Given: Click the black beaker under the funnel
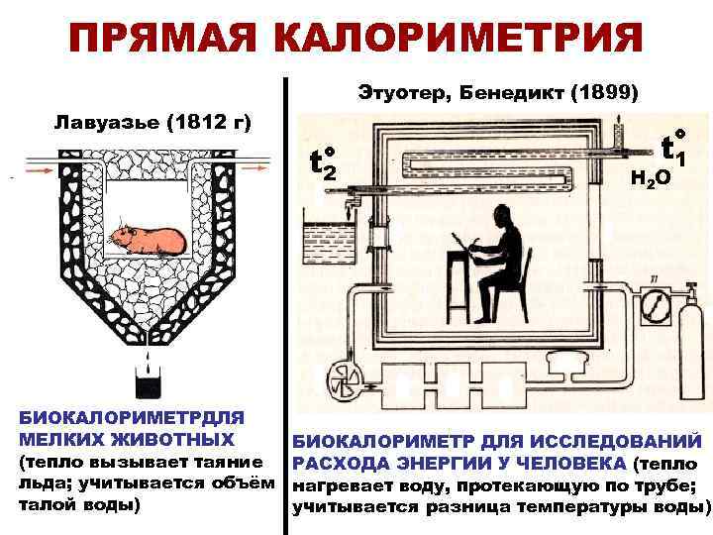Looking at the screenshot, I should [146, 381].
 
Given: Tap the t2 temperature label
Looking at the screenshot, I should [324, 164].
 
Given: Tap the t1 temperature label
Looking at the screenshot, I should [673, 148].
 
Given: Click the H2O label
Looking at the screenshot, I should [650, 178].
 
